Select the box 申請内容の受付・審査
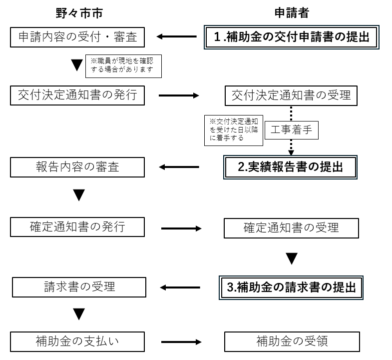pos(77,36)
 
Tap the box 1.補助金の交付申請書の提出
pos(289,36)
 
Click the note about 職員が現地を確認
pos(124,66)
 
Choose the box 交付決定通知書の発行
pos(77,95)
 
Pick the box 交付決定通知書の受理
pos(291,95)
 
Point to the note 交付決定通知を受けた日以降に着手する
pos(233,130)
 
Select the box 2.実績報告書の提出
pos(291,167)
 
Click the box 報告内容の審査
pos(77,167)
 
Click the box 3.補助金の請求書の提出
pos(291,287)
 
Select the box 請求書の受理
pos(79,287)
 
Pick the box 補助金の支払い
pos(77,342)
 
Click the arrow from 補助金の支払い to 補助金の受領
pos(181,342)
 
